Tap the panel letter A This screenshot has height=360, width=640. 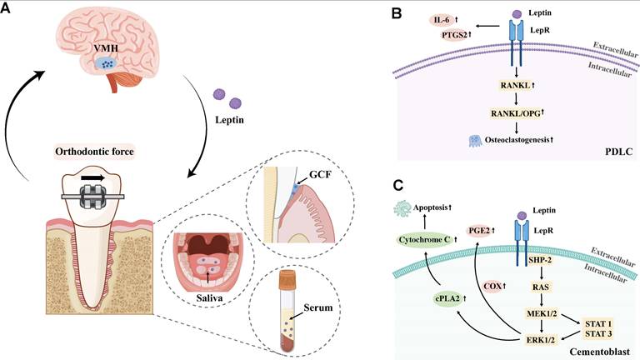click(x=9, y=11)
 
